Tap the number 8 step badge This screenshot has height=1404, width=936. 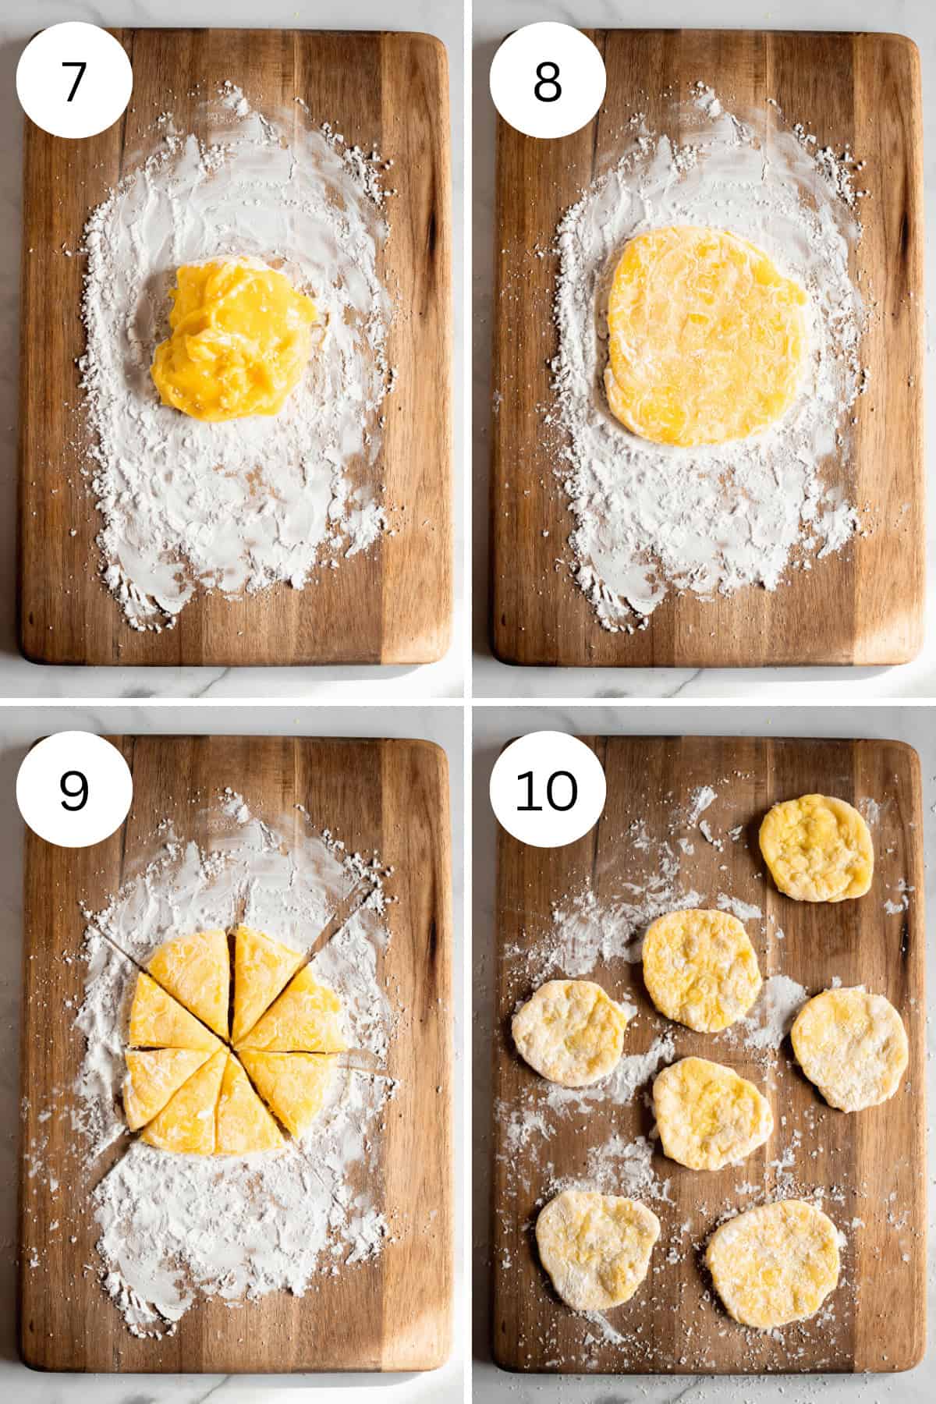point(548,81)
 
